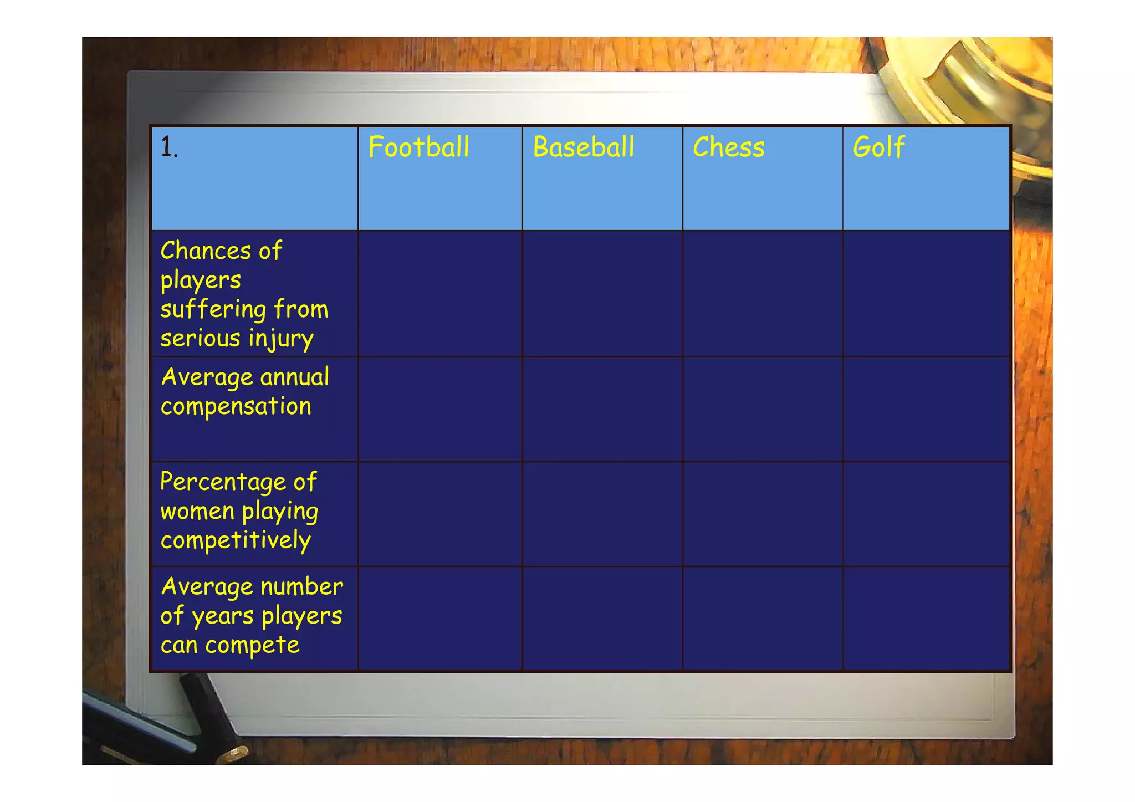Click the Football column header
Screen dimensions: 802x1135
click(418, 147)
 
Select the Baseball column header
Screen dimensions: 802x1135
click(583, 147)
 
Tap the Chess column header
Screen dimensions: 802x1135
click(728, 147)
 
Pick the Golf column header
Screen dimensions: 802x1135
click(878, 147)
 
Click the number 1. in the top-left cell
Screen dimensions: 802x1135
click(169, 148)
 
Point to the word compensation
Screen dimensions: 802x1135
click(236, 407)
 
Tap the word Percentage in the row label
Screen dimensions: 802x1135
click(223, 482)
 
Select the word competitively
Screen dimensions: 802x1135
click(236, 540)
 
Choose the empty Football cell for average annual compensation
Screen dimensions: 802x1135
click(440, 409)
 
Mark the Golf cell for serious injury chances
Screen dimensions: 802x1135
click(926, 294)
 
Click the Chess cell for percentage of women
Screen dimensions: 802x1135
click(763, 514)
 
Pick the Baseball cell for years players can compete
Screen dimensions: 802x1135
click(602, 619)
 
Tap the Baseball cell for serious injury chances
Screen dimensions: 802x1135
click(602, 294)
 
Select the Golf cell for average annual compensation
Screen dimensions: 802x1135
click(926, 409)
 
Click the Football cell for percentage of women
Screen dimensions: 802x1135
click(440, 514)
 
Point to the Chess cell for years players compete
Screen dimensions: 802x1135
click(763, 619)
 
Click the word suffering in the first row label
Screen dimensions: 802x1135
click(213, 310)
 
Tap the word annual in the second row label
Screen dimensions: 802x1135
click(294, 377)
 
